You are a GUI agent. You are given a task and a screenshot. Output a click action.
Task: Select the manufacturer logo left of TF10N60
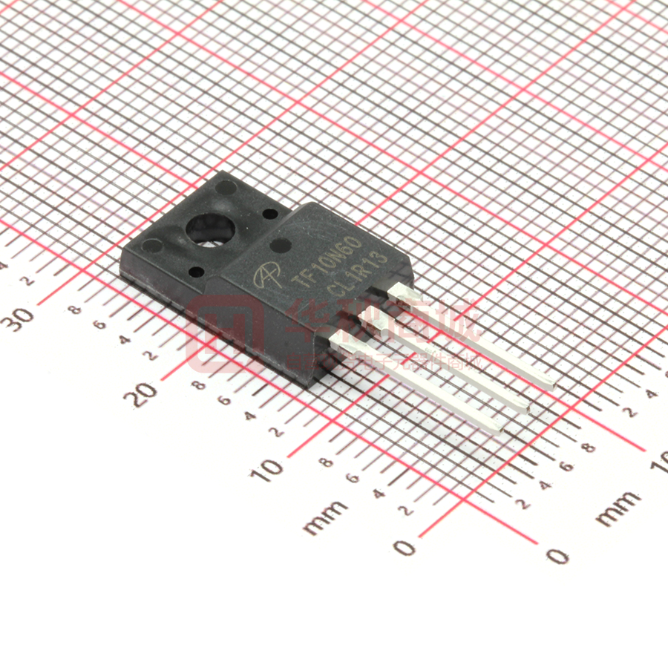coord(265,277)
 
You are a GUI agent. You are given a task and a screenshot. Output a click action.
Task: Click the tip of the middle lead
coord(524,407)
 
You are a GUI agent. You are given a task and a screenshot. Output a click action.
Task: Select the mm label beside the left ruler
coord(326,517)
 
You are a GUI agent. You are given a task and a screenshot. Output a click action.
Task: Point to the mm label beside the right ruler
coord(618,508)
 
